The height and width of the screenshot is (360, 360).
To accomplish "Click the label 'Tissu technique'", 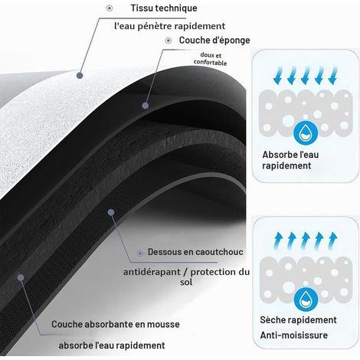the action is click(x=164, y=8).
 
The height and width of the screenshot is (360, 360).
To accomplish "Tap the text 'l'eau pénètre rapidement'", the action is click(x=170, y=26).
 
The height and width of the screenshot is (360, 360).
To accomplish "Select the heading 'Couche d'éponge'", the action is click(x=214, y=41).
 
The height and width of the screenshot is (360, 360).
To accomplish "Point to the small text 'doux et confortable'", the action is click(x=210, y=59).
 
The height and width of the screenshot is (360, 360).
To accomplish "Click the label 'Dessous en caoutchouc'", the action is click(x=195, y=252).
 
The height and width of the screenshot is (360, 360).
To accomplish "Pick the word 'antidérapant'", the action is click(x=152, y=272).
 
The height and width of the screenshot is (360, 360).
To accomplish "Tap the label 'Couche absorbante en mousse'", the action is click(x=116, y=324).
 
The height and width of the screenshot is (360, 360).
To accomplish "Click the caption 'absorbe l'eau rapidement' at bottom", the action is click(x=112, y=345).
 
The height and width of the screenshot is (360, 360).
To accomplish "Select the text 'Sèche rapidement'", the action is click(x=298, y=320).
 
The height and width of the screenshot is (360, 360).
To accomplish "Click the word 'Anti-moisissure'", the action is click(x=293, y=335).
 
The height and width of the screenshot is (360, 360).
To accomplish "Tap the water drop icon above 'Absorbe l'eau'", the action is click(x=306, y=133).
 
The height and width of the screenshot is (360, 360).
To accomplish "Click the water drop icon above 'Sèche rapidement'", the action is click(x=306, y=299).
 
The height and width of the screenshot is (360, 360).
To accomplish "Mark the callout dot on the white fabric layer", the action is click(x=80, y=75).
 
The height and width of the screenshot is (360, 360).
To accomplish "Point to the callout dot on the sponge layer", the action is click(x=146, y=106).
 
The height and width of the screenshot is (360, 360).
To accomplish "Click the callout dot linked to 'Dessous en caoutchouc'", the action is click(x=111, y=212).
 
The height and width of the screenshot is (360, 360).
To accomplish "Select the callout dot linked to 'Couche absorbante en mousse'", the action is click(x=21, y=277).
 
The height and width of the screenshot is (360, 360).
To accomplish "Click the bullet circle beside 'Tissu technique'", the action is click(x=110, y=8).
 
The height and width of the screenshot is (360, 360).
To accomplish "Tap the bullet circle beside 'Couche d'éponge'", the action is click(x=169, y=41).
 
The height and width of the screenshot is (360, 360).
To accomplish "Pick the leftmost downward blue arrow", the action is click(x=278, y=75).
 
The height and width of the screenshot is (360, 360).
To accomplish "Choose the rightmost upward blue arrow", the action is click(x=332, y=241).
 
